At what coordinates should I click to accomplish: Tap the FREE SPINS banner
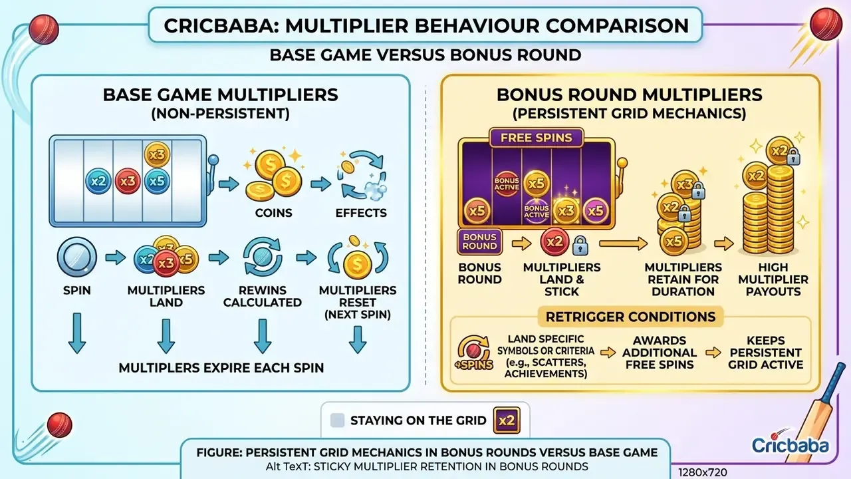[x=536, y=138]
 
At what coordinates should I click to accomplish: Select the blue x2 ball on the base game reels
[x=98, y=182]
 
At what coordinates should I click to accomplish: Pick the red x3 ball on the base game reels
[x=128, y=182]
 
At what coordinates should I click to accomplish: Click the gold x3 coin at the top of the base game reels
[x=157, y=154]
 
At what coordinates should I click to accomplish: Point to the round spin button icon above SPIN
[x=76, y=257]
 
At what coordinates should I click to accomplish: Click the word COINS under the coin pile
[x=273, y=213]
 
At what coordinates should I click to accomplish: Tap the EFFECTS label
[x=361, y=213]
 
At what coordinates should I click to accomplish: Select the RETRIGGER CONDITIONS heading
[x=631, y=317]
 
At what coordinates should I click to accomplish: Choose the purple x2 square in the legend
[x=507, y=420]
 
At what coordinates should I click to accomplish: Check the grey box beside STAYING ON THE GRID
[x=337, y=420]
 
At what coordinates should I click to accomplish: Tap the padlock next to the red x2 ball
[x=580, y=245]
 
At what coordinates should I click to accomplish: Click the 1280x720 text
[x=703, y=472]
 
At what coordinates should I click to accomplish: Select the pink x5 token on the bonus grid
[x=595, y=210]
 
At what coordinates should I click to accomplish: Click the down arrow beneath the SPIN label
[x=76, y=333]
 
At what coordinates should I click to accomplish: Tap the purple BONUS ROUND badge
[x=479, y=241]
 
